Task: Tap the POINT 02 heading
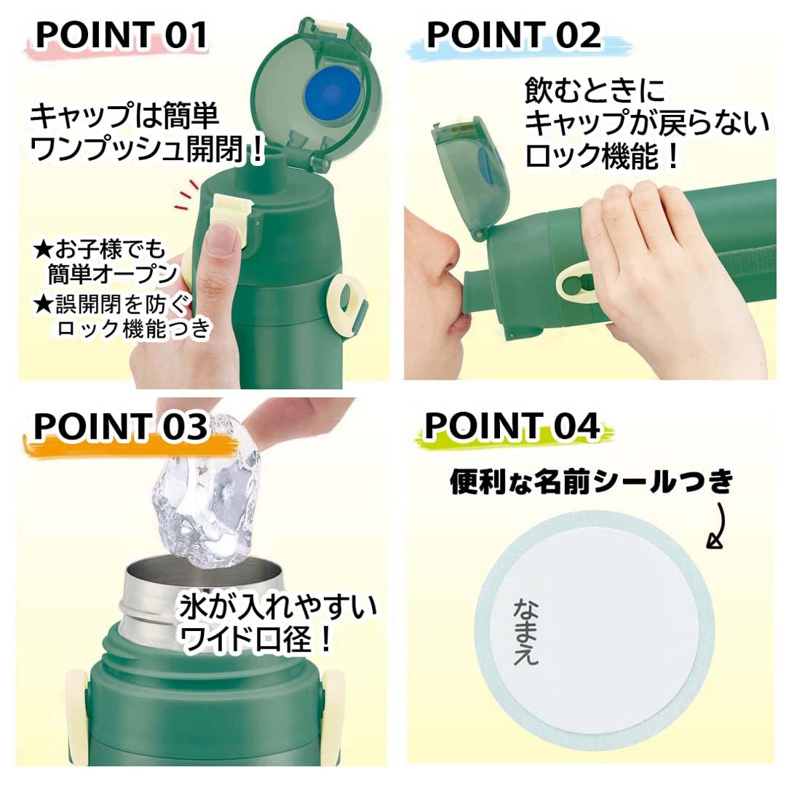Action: [514, 34]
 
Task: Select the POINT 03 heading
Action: [120, 428]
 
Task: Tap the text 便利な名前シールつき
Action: [590, 483]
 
